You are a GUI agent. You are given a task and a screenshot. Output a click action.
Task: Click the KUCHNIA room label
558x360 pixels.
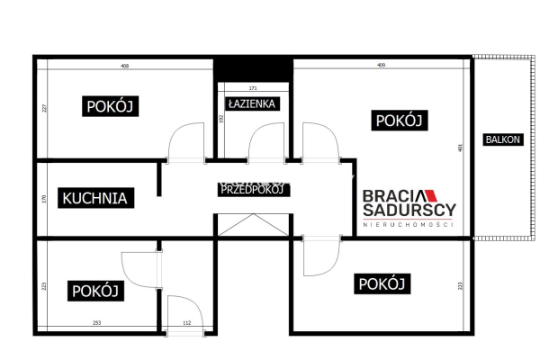point(94,197)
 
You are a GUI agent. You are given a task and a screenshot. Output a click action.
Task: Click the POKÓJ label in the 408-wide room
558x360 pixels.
point(110,106)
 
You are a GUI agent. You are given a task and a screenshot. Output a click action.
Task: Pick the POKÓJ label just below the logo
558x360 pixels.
point(383,284)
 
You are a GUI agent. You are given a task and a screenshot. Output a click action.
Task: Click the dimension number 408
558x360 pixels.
point(125,65)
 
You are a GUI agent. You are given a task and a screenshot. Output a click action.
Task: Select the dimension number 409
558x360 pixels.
point(382,65)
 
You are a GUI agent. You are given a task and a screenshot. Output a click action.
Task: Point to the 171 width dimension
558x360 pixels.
point(253,88)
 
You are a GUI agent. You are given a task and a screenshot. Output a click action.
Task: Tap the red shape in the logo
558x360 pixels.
point(428,194)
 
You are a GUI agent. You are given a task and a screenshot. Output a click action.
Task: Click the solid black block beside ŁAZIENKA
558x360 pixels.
point(254,68)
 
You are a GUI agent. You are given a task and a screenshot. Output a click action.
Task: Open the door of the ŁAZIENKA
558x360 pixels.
point(266,142)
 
